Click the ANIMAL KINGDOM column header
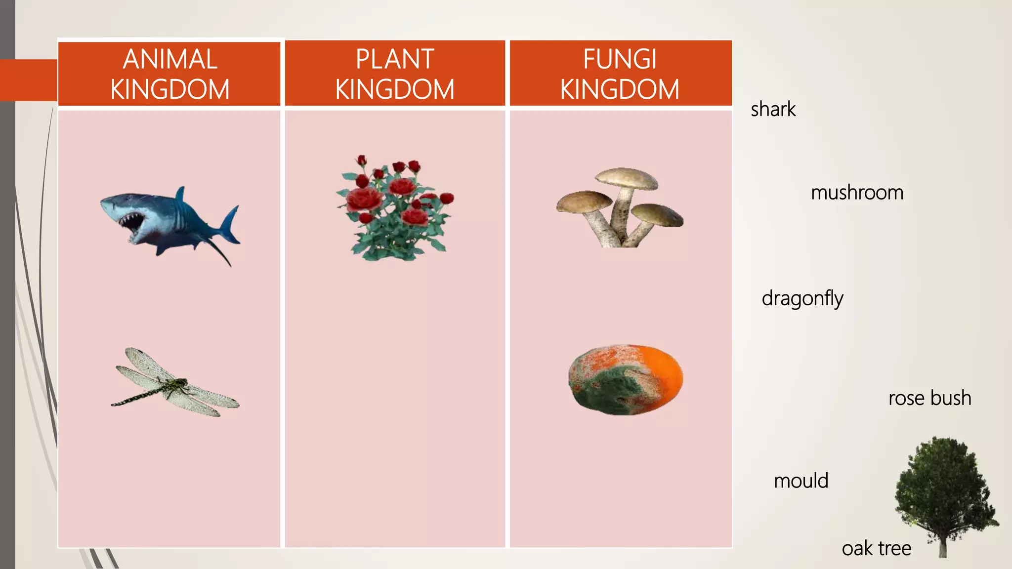[169, 74]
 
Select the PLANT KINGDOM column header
[395, 74]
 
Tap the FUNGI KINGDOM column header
[620, 74]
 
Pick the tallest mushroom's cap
[627, 178]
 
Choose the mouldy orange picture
[625, 379]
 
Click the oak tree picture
[945, 489]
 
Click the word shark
[773, 109]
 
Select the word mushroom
[857, 193]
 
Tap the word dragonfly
[802, 299]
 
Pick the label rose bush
[929, 398]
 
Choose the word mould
[801, 481]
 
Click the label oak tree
[876, 548]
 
